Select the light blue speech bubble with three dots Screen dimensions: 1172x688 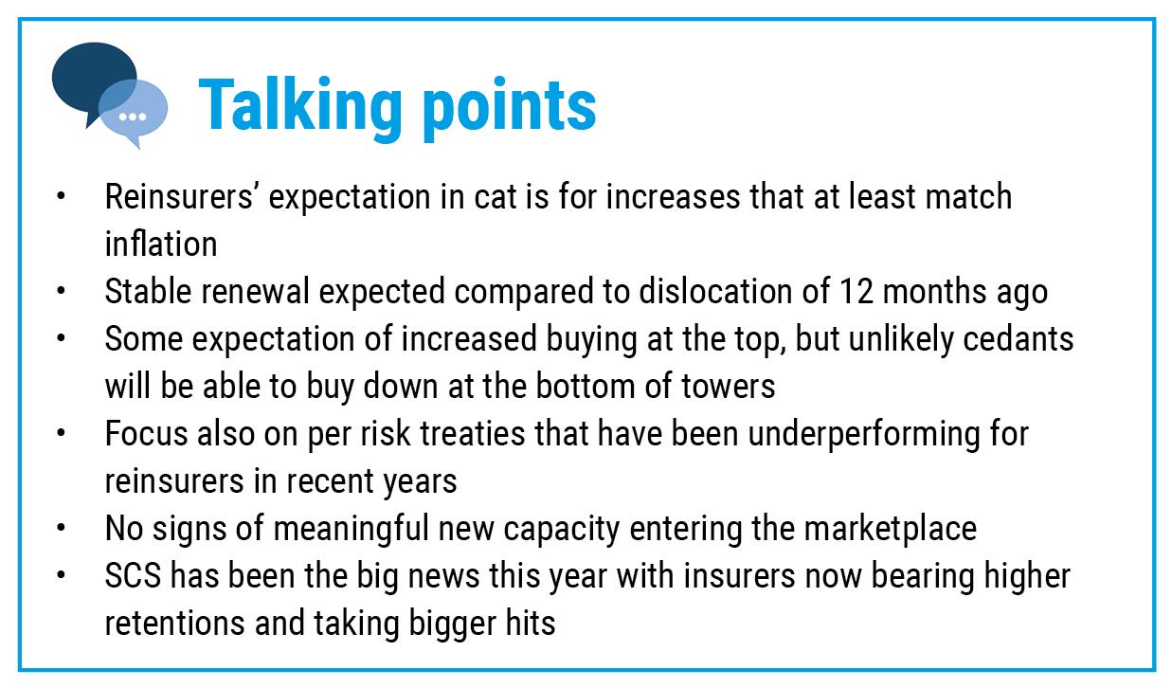[134, 114]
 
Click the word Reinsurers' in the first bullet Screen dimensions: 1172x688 [179, 197]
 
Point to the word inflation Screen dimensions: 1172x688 [161, 244]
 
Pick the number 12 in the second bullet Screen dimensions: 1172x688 [856, 292]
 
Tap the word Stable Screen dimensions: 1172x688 [148, 292]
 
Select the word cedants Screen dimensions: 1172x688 [1019, 339]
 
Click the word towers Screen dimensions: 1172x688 [729, 387]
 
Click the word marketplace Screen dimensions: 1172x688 [891, 530]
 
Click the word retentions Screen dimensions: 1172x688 [174, 624]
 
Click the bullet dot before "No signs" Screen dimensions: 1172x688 [62, 529]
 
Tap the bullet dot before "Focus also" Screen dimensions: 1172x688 [62, 434]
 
